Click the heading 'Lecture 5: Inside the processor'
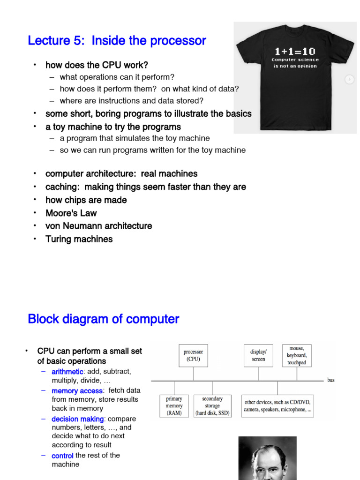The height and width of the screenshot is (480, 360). [x=117, y=41]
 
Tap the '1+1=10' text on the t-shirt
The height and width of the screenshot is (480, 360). [x=295, y=52]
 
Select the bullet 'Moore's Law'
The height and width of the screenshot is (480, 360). [x=71, y=213]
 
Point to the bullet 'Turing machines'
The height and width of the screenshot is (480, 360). [x=79, y=239]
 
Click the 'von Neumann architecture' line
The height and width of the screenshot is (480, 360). [x=98, y=226]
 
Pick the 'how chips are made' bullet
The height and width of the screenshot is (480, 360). [x=86, y=200]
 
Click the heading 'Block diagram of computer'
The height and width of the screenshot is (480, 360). [x=103, y=319]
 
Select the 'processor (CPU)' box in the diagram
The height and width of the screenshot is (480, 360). [x=193, y=356]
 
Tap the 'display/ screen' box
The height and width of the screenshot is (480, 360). [x=258, y=356]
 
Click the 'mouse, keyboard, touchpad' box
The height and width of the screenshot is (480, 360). [x=297, y=356]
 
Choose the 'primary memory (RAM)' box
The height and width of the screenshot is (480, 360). [x=174, y=406]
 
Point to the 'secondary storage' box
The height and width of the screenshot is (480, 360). [x=212, y=406]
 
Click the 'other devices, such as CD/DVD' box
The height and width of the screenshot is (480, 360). [x=277, y=406]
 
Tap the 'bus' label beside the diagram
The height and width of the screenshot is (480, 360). [x=331, y=380]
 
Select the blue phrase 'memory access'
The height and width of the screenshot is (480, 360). [x=77, y=391]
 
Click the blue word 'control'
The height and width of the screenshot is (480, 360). [x=62, y=456]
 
